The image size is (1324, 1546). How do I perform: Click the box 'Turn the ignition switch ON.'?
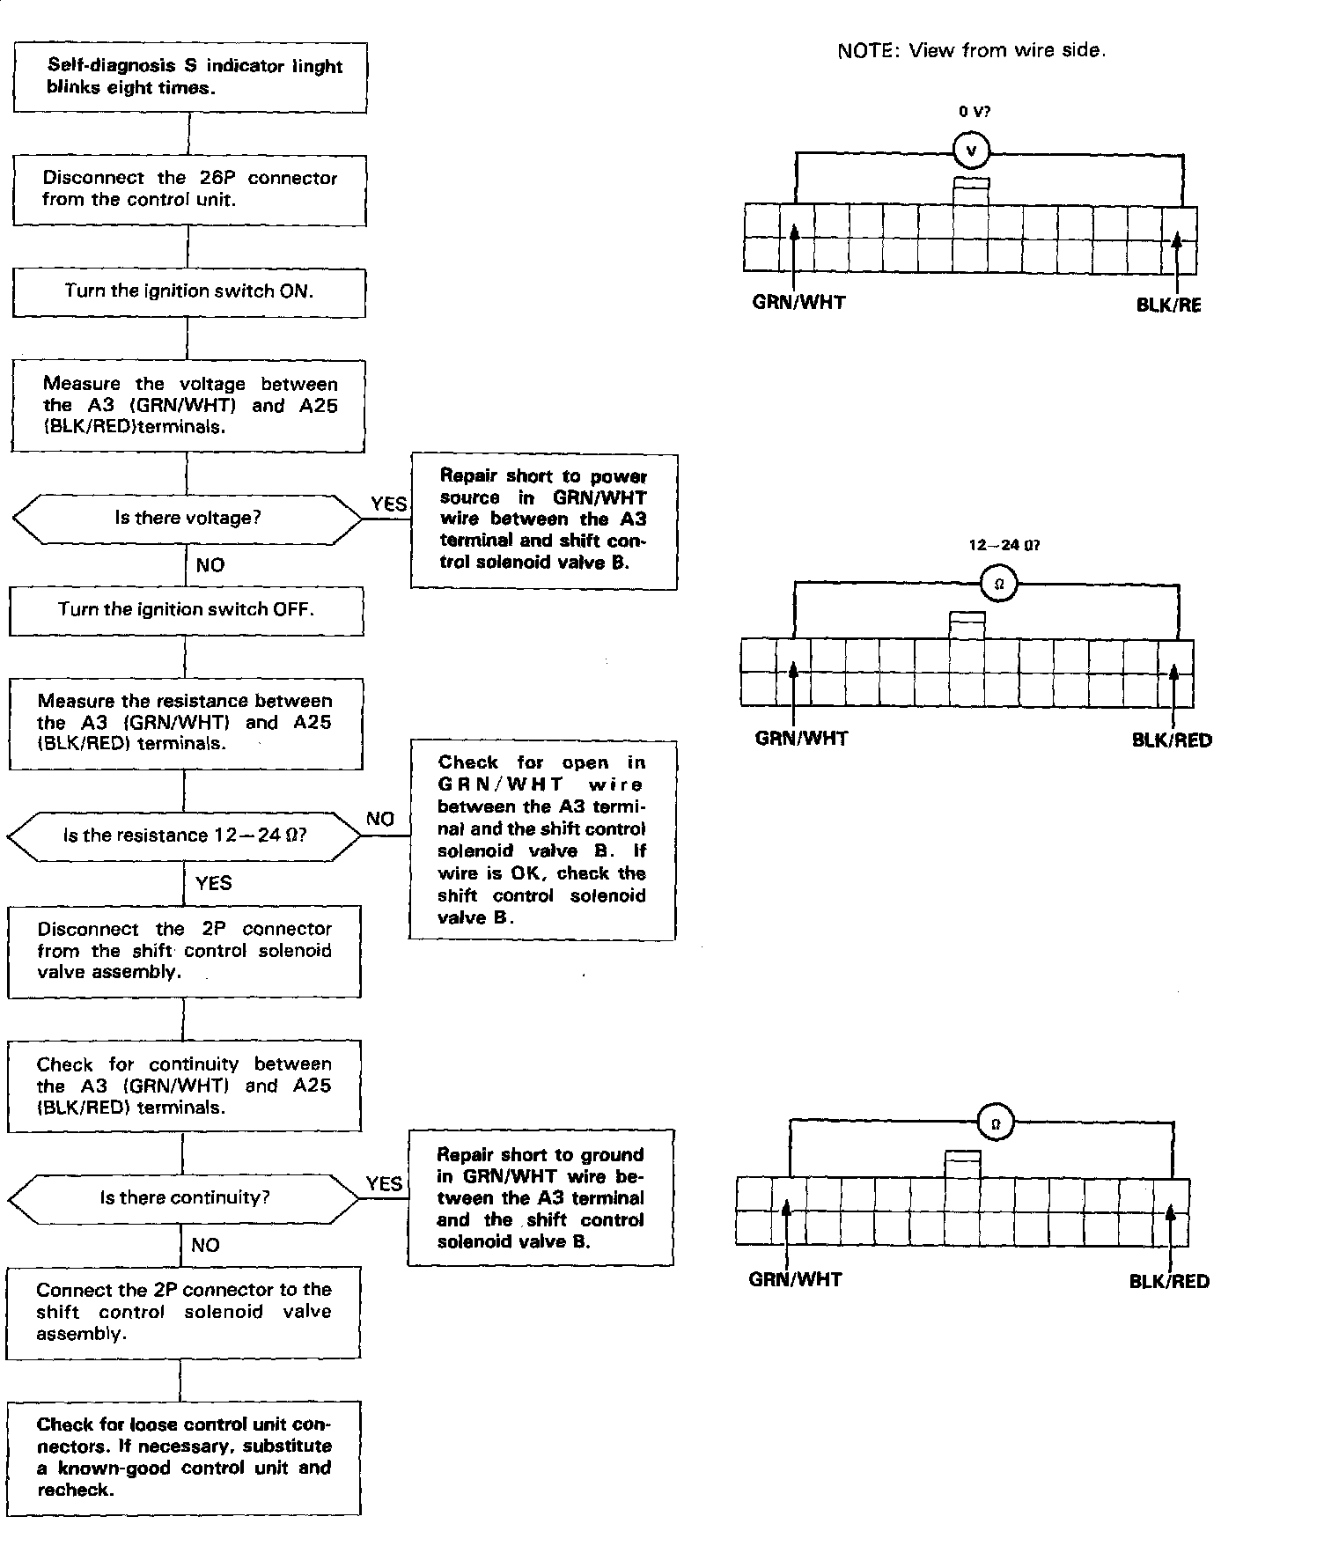[x=188, y=292]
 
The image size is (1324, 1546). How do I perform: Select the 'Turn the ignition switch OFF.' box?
[x=186, y=610]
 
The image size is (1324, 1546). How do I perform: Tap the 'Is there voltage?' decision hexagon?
[x=188, y=519]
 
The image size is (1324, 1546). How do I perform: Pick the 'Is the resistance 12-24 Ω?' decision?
[x=184, y=836]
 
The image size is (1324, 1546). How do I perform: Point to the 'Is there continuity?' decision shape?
[x=184, y=1197]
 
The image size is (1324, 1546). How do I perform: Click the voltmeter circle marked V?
[x=972, y=151]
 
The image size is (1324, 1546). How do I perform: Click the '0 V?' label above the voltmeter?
[x=974, y=112]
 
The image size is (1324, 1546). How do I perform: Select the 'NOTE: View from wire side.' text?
[x=971, y=51]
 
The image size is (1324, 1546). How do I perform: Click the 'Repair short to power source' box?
[x=544, y=521]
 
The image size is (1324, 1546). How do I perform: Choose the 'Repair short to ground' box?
[x=541, y=1197]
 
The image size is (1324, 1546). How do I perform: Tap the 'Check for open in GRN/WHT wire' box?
[x=542, y=840]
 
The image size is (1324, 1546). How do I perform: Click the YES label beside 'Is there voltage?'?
[x=388, y=504]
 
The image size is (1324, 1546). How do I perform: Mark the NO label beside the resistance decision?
[x=380, y=820]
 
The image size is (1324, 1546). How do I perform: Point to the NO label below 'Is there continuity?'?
[x=205, y=1245]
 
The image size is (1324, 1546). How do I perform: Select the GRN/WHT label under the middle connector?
[x=801, y=740]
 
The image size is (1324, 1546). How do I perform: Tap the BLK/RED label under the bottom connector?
[x=1169, y=1282]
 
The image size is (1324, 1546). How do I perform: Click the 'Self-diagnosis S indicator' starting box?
[x=190, y=77]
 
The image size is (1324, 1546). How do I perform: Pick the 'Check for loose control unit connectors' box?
[x=184, y=1457]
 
